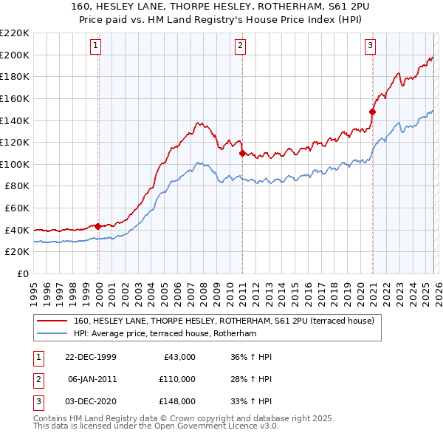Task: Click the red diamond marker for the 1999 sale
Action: [98, 226]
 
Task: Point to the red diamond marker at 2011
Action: [241, 153]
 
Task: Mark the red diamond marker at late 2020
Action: [372, 112]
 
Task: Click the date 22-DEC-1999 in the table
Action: [90, 357]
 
